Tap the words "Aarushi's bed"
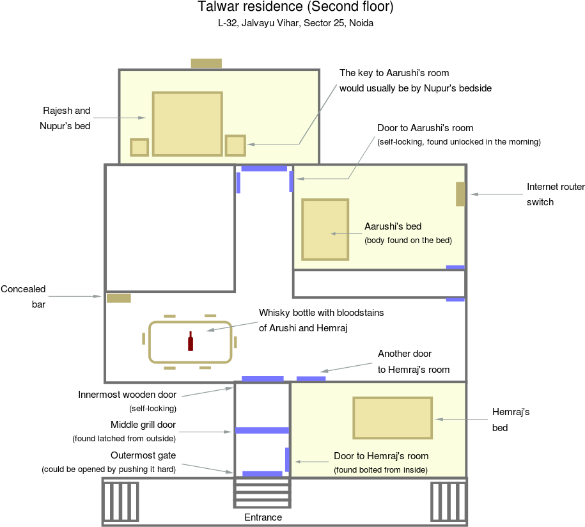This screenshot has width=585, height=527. click(x=393, y=226)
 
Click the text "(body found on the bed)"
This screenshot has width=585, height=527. click(x=408, y=240)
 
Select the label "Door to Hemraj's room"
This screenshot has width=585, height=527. click(x=381, y=456)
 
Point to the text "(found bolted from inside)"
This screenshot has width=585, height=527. click(x=380, y=470)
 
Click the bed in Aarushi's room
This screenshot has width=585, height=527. click(x=325, y=230)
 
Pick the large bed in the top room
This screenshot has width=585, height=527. click(x=187, y=123)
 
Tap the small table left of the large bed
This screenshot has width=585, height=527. click(x=139, y=147)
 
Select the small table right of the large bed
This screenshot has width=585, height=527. click(x=235, y=145)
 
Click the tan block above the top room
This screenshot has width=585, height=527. click(x=206, y=63)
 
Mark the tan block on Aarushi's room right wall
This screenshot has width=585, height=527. click(x=460, y=194)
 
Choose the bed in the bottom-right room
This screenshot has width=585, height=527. click(x=392, y=418)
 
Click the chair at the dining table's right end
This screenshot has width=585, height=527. click(x=235, y=343)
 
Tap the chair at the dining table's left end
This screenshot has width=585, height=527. click(x=143, y=338)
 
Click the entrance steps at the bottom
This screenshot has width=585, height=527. click(x=262, y=492)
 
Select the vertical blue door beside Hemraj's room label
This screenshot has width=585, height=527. click(x=287, y=459)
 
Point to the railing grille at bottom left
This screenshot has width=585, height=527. click(x=121, y=501)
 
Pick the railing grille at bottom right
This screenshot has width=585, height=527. click(x=448, y=501)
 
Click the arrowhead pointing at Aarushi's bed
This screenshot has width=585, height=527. click(x=333, y=234)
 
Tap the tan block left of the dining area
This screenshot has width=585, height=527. click(x=118, y=298)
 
